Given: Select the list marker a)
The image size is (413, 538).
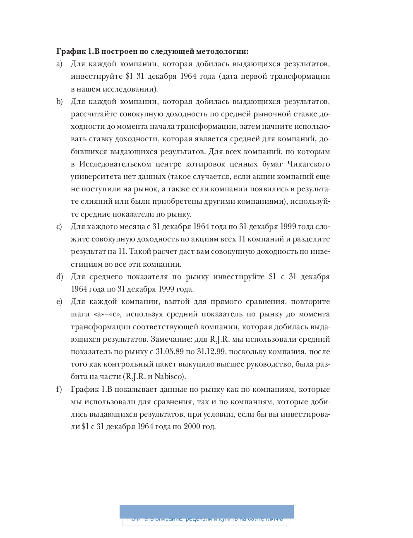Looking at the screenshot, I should click(x=60, y=64).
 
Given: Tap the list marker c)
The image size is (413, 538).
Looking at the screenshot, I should click(x=59, y=227).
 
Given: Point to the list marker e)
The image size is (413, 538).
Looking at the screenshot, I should click(x=60, y=302).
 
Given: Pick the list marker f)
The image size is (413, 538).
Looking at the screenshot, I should click(x=59, y=389).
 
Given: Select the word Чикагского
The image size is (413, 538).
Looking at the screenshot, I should click(x=310, y=164).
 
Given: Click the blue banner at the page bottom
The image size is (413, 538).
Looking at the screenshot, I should click(x=206, y=512).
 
